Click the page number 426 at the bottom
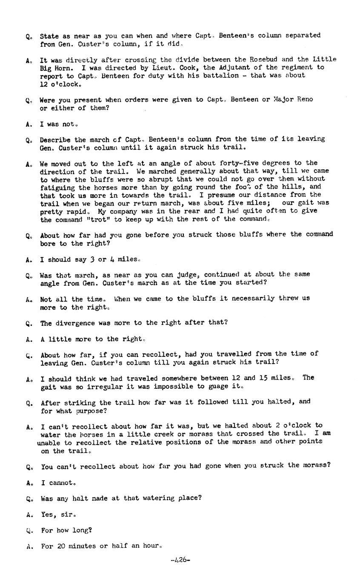(180, 560)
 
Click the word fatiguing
(56, 187)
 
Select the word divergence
(75, 322)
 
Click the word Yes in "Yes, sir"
(48, 514)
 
